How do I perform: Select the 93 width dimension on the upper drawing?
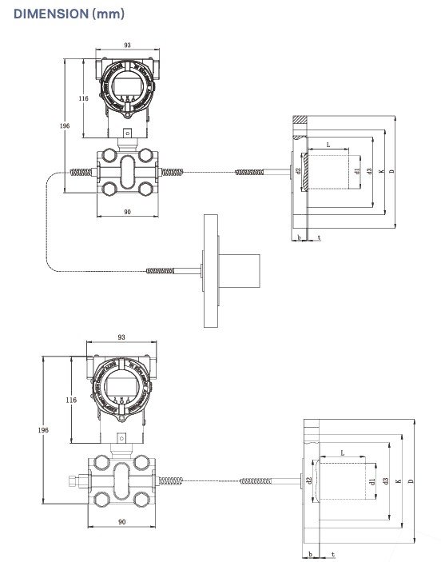pyautogui.click(x=126, y=46)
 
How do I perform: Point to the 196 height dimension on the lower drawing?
pyautogui.click(x=43, y=430)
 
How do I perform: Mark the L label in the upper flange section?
pyautogui.click(x=328, y=145)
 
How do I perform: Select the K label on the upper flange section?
pyautogui.click(x=381, y=170)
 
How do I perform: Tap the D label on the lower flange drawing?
pyautogui.click(x=411, y=482)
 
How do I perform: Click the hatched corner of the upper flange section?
pyautogui.click(x=300, y=122)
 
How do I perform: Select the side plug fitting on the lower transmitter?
pyautogui.click(x=73, y=481)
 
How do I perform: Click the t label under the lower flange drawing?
pyautogui.click(x=332, y=554)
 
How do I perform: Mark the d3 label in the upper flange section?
pyautogui.click(x=369, y=170)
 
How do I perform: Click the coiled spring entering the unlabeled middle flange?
pyautogui.click(x=159, y=271)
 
